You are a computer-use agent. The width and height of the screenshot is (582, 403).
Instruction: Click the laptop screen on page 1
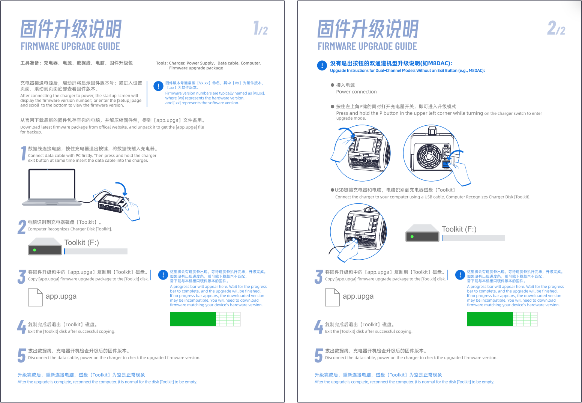pyautogui.click(x=52, y=184)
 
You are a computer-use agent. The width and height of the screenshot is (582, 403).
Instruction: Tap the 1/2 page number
pyautogui.click(x=261, y=28)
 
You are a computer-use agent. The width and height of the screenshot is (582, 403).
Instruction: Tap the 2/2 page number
pyautogui.click(x=556, y=28)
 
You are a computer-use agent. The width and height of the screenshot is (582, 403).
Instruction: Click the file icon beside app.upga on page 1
pyautogui.click(x=35, y=297)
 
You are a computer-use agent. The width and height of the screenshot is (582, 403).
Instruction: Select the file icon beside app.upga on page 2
pyautogui.click(x=332, y=297)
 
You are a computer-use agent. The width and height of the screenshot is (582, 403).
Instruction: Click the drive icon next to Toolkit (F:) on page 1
pyautogui.click(x=45, y=247)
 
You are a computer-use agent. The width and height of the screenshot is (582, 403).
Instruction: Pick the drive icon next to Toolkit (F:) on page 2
pyautogui.click(x=422, y=233)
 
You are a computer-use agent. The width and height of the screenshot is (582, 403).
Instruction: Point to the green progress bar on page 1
pyautogui.click(x=193, y=319)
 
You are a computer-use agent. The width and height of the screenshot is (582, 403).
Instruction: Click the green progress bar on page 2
pyautogui.click(x=490, y=319)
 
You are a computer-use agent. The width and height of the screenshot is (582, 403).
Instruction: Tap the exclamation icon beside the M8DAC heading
pyautogui.click(x=322, y=66)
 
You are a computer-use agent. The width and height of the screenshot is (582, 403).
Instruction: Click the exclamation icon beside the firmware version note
pyautogui.click(x=158, y=86)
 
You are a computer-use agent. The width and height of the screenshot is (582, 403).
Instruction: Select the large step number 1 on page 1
pyautogui.click(x=24, y=153)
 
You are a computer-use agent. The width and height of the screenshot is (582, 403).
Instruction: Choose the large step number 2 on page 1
pyautogui.click(x=22, y=227)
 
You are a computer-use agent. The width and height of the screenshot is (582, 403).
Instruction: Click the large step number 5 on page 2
pyautogui.click(x=319, y=355)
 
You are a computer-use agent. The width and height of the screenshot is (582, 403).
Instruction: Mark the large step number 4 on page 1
pyautogui.click(x=22, y=327)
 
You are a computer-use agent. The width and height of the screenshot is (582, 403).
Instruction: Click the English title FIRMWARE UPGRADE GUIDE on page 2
pyautogui.click(x=367, y=47)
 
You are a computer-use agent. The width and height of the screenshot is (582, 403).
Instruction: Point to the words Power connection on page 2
pyautogui.click(x=356, y=92)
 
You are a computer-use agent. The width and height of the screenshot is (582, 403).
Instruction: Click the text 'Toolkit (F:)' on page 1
pyautogui.click(x=82, y=242)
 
